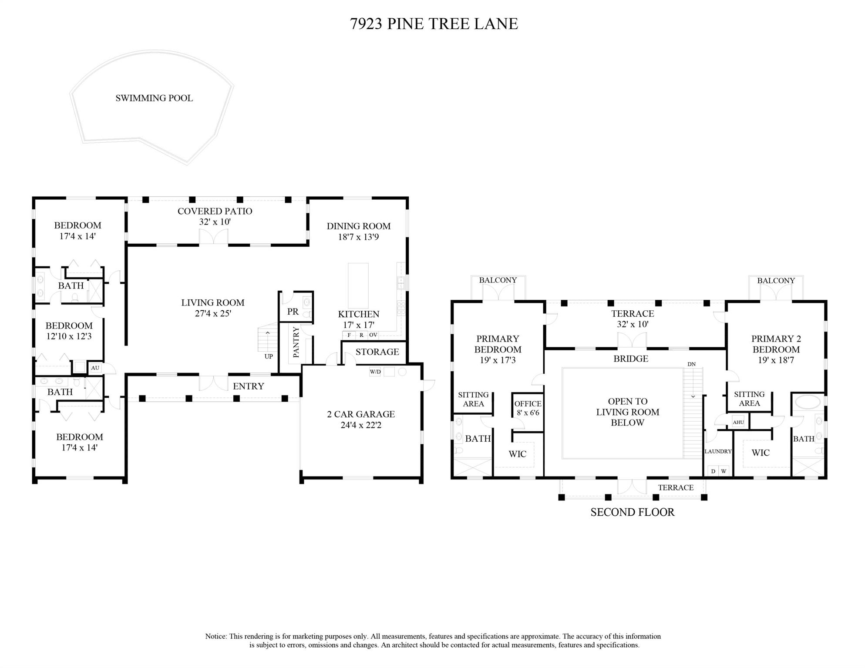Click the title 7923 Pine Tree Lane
[x=434, y=23]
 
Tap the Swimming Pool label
[x=154, y=98]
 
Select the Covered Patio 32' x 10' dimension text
[x=215, y=222]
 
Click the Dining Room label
[x=358, y=226]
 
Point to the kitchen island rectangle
[x=358, y=285]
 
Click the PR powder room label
[x=293, y=312]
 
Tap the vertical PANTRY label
[x=296, y=342]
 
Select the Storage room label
[x=377, y=352]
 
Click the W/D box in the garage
[x=375, y=372]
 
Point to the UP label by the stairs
[x=269, y=356]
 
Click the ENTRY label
[x=248, y=386]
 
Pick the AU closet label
[x=95, y=368]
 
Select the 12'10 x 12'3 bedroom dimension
[x=69, y=336]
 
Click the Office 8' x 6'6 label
[x=528, y=408]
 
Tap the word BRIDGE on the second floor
[x=630, y=359]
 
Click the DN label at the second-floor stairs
[x=691, y=364]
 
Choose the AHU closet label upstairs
[x=738, y=422]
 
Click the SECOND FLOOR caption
[x=632, y=512]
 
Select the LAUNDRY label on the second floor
[x=717, y=451]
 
